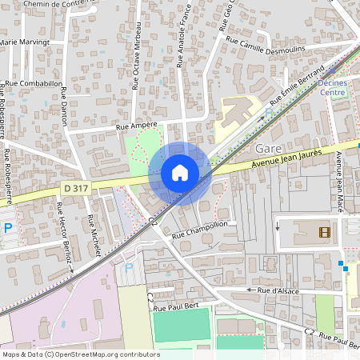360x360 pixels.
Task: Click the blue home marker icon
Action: coord(180,173)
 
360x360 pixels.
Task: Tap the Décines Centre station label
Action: coord(332,87)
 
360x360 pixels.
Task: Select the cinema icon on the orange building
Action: coord(323,232)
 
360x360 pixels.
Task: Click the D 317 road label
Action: coord(77,188)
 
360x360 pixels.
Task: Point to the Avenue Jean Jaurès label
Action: coord(286,158)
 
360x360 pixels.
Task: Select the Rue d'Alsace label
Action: coord(278,290)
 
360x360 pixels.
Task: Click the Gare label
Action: coord(266,148)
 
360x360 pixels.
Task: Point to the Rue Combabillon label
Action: coord(34,83)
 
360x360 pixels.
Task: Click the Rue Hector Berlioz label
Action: coord(64,235)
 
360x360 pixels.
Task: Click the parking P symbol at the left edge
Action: coord(8,228)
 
